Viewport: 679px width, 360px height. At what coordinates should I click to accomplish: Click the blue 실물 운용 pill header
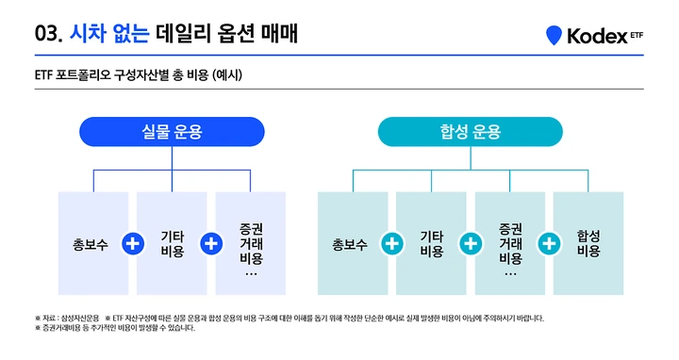coord(172,132)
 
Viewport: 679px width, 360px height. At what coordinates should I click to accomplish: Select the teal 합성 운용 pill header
coord(471,132)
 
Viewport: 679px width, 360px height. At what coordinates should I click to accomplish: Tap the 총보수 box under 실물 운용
coord(93,243)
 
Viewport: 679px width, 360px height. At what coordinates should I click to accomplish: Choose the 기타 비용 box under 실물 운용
coord(172,243)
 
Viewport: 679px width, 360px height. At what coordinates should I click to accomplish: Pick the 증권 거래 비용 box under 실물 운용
coord(250,243)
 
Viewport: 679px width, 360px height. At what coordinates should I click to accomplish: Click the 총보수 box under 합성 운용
coord(353,243)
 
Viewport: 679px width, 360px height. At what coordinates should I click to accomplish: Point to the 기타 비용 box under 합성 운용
coord(431,243)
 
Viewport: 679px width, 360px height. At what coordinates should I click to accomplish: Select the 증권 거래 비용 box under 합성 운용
coord(509,243)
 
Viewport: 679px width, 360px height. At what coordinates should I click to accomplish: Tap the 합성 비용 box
coord(588,243)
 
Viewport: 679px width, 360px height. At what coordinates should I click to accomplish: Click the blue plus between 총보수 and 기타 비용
coord(133,243)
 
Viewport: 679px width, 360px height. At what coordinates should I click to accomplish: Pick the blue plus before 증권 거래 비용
coord(211,243)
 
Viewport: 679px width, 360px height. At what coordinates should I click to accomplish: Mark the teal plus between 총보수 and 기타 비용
coord(392,243)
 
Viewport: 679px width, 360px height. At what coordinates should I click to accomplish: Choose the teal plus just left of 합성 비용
coord(549,243)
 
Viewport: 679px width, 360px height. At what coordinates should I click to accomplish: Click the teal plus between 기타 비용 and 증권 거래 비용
coord(471,243)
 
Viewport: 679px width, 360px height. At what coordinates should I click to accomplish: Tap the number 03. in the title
coord(49,34)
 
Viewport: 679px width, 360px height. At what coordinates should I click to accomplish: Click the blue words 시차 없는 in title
coord(109,33)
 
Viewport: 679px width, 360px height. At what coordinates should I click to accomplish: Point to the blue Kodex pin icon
coord(554,35)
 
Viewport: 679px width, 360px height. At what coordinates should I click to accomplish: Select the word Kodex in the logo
coord(597,36)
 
